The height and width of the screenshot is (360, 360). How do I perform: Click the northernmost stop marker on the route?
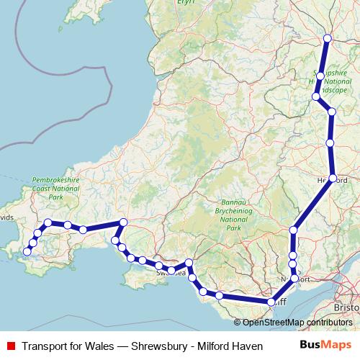[328, 38]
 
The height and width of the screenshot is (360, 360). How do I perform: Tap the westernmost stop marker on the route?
[27, 251]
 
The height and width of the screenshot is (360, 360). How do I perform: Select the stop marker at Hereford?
[333, 178]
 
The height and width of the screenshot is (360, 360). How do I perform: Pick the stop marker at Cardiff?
[271, 302]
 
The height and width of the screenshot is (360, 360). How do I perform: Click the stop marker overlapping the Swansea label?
[171, 270]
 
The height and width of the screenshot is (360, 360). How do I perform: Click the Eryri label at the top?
[186, 3]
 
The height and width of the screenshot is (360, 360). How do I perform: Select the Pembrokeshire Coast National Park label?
[55, 188]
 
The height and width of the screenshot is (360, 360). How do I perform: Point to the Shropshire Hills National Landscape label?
[325, 82]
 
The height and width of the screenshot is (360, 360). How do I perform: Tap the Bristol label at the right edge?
[347, 307]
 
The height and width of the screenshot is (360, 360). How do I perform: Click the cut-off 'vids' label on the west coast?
[6, 217]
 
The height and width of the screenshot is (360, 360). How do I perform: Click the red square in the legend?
[11, 346]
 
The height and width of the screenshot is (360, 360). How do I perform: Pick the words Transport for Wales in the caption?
[65, 346]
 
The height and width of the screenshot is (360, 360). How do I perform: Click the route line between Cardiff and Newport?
[284, 289]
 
